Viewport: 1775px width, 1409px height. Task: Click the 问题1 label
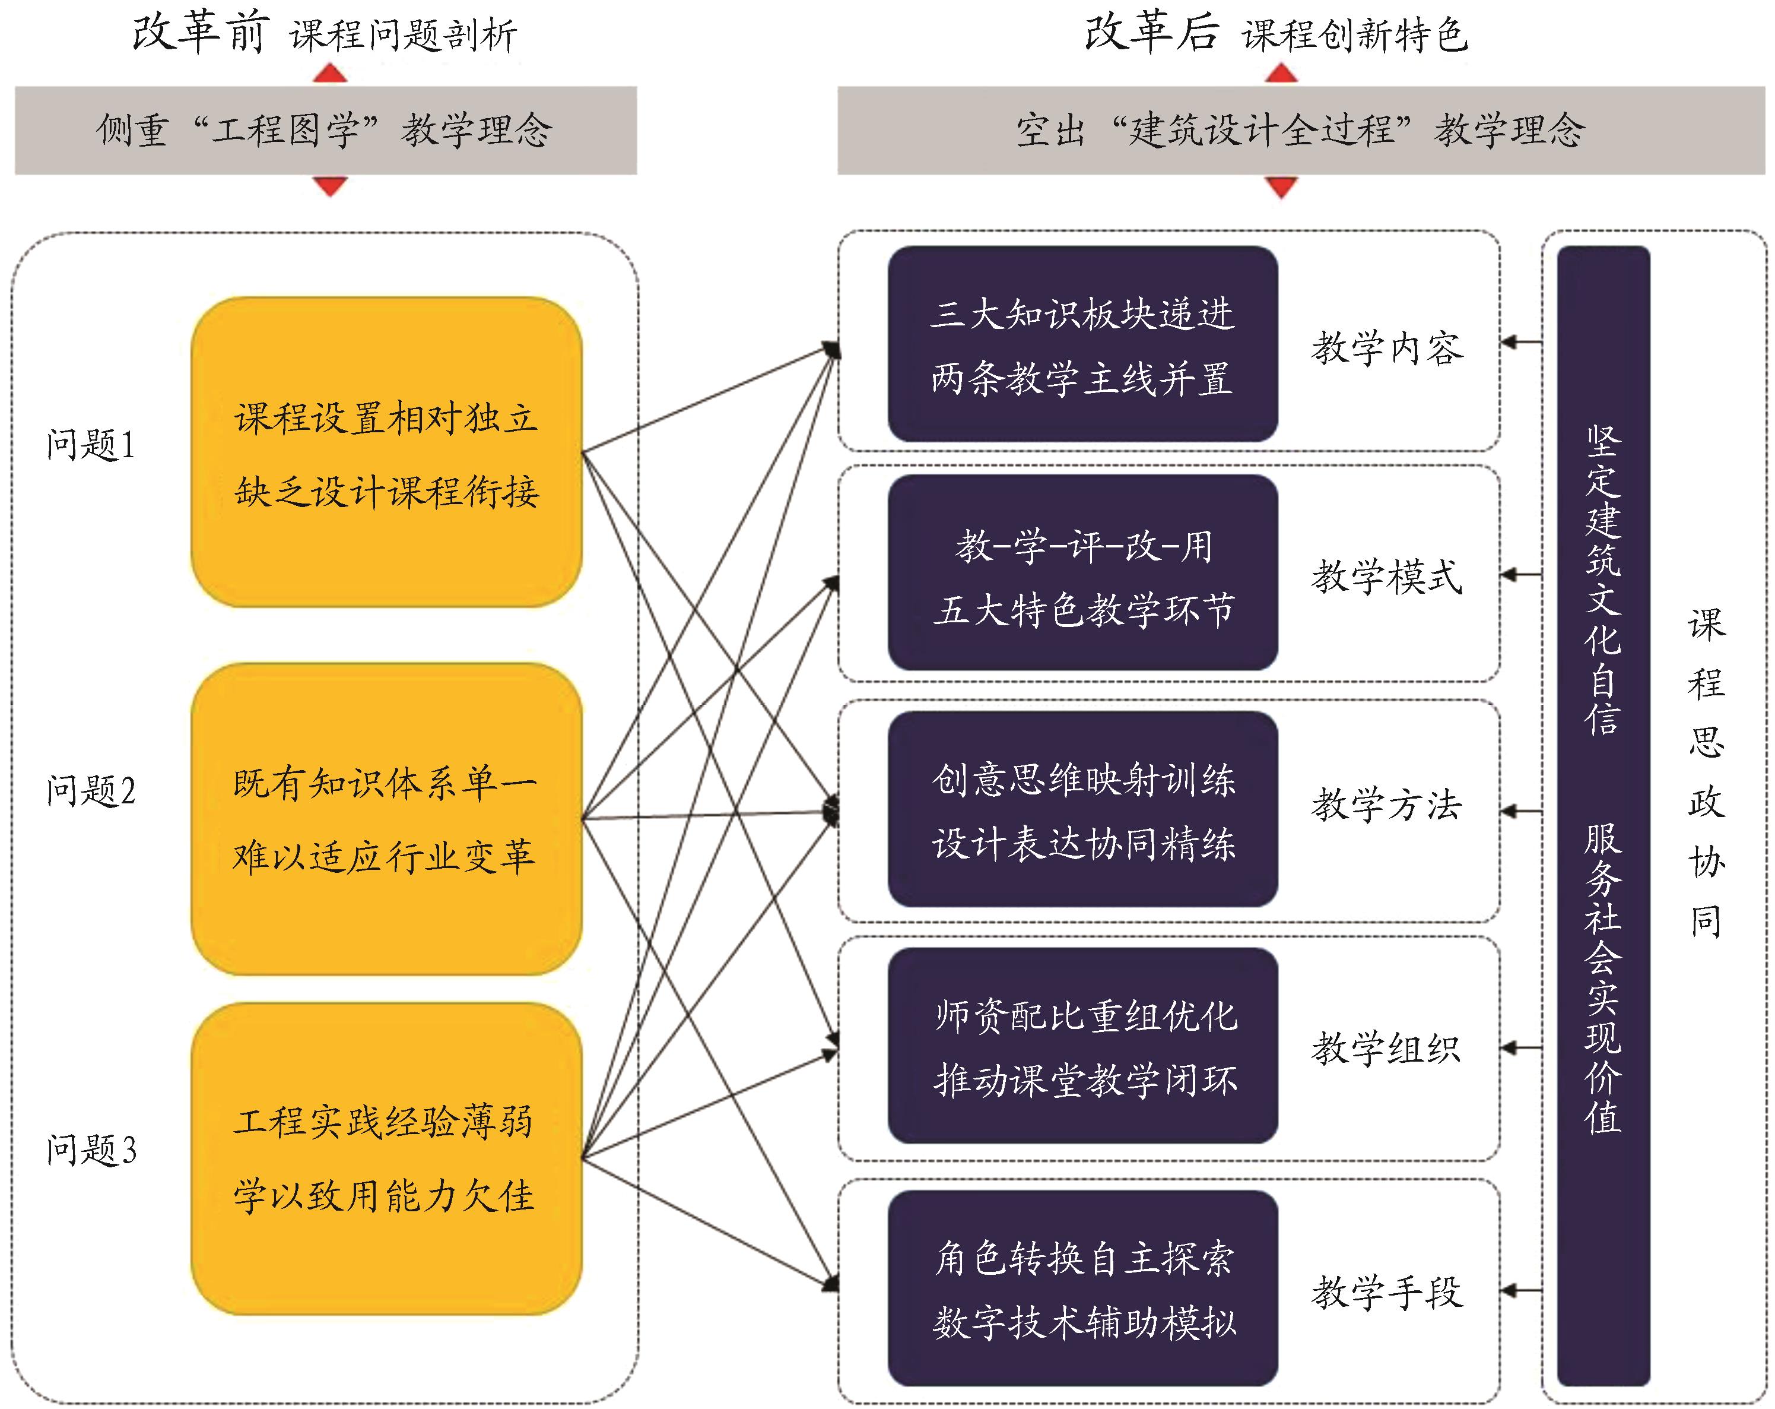click(x=91, y=445)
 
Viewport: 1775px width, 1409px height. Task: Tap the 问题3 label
click(x=91, y=1150)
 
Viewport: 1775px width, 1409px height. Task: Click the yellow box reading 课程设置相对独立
click(x=386, y=453)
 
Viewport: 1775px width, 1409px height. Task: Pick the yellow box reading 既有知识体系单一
click(x=386, y=819)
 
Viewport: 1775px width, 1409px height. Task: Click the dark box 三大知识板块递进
click(x=1082, y=344)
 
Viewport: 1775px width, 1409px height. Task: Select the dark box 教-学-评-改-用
click(x=1082, y=573)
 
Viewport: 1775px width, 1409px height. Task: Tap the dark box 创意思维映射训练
click(x=1082, y=809)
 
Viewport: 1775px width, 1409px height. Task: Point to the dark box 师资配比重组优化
click(x=1082, y=1046)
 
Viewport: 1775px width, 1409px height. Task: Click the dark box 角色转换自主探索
click(x=1082, y=1289)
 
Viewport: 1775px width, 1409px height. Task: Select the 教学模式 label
click(x=1387, y=577)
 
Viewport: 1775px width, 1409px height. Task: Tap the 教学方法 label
click(x=1387, y=805)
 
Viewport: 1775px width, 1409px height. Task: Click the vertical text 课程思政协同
click(x=1706, y=774)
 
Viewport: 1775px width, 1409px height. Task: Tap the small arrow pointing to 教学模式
click(x=1520, y=575)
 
